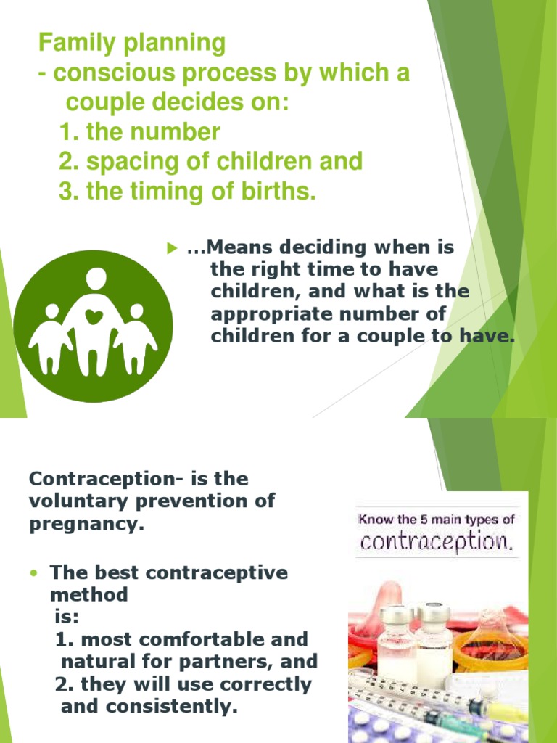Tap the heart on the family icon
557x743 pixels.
pyautogui.click(x=93, y=316)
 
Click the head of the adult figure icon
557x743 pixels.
pyautogui.click(x=95, y=278)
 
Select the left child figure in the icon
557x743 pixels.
pyautogui.click(x=51, y=335)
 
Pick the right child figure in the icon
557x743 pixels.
pyautogui.click(x=136, y=335)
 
